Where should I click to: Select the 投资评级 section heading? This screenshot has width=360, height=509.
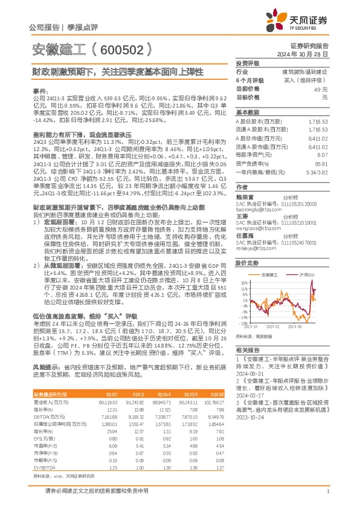[x=247, y=63]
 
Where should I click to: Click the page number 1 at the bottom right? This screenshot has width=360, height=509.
[x=327, y=498]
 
